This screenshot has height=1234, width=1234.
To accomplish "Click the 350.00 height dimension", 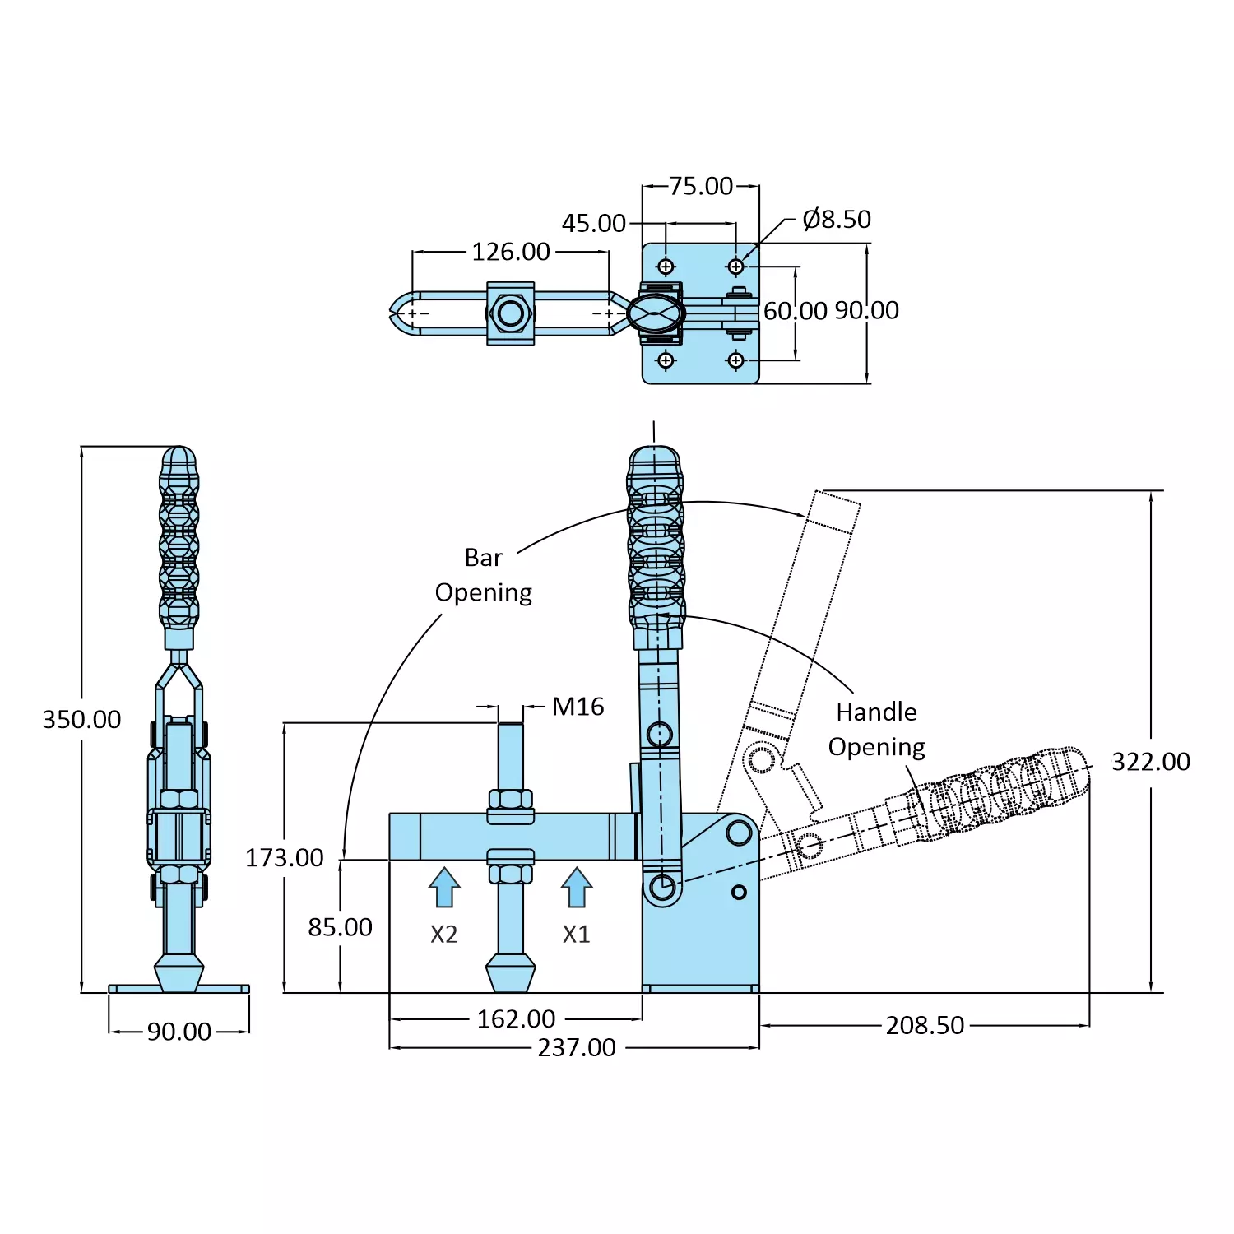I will [81, 719].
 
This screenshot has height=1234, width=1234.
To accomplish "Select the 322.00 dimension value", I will [1150, 762].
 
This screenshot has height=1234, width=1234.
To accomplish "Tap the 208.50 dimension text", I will [925, 1025].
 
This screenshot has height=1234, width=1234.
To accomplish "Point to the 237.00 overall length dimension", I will [576, 1047].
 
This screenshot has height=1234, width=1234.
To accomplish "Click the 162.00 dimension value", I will [516, 1018].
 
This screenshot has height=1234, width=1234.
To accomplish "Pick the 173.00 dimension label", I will [284, 857].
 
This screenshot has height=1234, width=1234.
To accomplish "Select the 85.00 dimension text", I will [340, 927].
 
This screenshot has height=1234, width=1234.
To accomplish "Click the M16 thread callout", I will [578, 707].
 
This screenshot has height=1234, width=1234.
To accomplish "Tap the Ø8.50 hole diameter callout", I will [836, 220].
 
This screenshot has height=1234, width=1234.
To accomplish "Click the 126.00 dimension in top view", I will [510, 252].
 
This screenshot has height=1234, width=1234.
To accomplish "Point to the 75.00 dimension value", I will [700, 186].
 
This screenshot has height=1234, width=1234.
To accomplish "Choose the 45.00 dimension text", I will [593, 223].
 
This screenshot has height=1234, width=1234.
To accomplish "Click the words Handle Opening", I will [876, 729].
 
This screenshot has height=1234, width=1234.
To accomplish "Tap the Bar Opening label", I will [484, 575].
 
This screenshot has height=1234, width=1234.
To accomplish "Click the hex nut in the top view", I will [510, 313].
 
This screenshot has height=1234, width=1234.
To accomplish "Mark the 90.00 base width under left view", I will [179, 1031].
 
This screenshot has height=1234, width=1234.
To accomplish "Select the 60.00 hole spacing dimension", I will [795, 311].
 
